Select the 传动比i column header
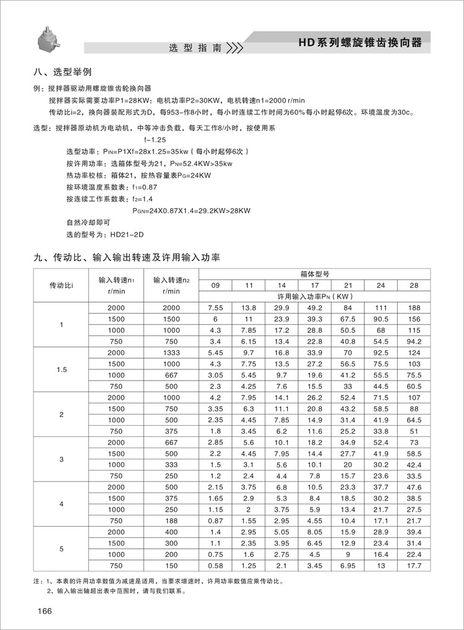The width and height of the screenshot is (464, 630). coord(61,285)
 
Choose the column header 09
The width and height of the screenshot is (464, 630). coord(215,285)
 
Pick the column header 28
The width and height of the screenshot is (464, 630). coord(414,285)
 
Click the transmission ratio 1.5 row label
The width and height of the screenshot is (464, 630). coord(61,369)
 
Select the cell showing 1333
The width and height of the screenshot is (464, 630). coord(171,352)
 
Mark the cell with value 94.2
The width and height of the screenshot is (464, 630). coord(414,341)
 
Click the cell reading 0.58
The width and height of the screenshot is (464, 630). coord(215,566)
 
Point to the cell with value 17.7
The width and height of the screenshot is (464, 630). coord(414,566)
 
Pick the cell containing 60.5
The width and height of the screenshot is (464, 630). coord(414,386)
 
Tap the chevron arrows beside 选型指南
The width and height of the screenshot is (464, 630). coord(234,48)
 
